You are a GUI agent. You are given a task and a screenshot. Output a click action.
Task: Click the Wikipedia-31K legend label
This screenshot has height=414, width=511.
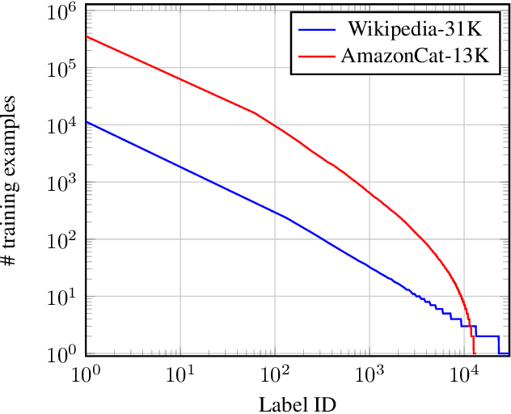(x=415, y=30)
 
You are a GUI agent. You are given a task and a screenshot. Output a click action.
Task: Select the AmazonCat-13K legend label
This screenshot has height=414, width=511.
(x=415, y=57)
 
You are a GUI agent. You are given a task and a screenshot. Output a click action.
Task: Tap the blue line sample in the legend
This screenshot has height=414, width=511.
(x=317, y=31)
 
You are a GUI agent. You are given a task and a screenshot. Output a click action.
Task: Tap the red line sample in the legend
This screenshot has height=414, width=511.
(x=317, y=57)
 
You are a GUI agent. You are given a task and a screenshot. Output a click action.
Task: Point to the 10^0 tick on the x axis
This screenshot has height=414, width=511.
(x=85, y=374)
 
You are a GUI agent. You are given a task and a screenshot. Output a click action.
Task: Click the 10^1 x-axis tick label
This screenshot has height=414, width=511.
(x=179, y=374)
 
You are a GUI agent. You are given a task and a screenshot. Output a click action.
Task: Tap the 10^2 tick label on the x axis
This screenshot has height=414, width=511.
(x=275, y=374)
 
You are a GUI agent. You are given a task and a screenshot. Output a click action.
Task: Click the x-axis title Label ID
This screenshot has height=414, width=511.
(x=297, y=403)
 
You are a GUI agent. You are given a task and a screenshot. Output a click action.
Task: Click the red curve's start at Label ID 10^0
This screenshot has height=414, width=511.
(x=86, y=36)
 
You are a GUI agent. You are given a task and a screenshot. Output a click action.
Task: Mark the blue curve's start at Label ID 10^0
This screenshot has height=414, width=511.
(x=86, y=122)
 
